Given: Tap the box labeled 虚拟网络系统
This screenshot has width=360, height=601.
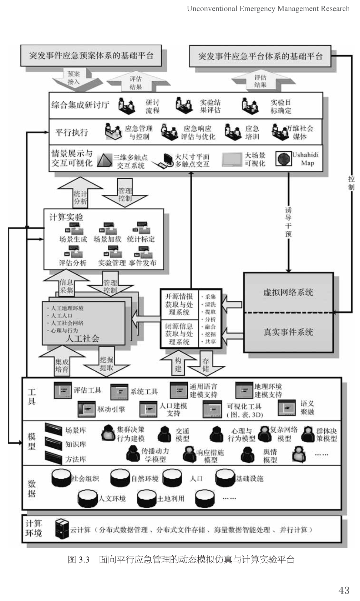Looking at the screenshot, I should (288, 292).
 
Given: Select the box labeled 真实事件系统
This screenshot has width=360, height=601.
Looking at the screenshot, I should (288, 332).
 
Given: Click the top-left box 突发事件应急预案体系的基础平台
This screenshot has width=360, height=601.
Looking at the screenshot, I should (91, 55).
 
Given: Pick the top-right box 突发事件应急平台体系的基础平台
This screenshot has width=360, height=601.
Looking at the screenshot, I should (260, 56).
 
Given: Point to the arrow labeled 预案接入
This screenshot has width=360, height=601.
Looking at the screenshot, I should (74, 78).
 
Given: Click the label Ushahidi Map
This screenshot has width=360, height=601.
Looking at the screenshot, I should (305, 159).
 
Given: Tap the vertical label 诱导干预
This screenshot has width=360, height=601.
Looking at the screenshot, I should (288, 222).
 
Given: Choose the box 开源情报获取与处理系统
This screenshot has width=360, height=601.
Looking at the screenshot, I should (179, 304).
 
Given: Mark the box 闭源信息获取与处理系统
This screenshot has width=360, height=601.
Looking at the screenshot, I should (179, 334).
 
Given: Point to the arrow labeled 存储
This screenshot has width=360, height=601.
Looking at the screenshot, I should (206, 364).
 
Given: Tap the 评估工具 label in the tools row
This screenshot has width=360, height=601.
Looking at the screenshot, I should (87, 390).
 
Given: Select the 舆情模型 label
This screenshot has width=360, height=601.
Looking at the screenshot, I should (270, 456).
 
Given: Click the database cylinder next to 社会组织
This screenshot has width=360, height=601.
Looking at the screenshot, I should (61, 478).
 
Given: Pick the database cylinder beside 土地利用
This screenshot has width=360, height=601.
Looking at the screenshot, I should (147, 498).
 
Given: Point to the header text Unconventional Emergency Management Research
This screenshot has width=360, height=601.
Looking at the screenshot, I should (268, 9).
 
